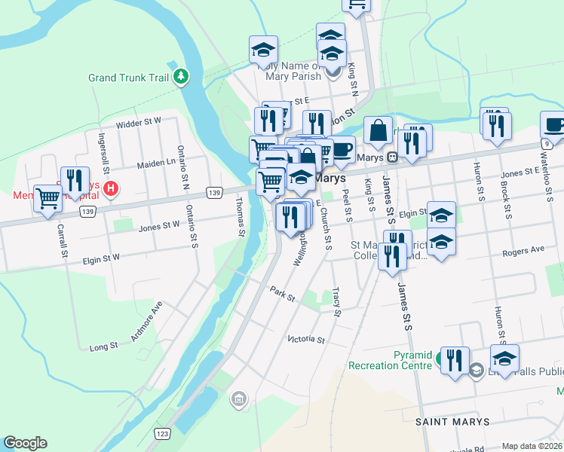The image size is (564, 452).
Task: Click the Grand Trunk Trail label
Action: pos(128,78)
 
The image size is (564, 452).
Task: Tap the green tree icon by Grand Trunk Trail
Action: pos(180,76)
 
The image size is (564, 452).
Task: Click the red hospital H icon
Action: pos(112,188)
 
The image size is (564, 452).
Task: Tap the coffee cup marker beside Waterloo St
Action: pos(554,125)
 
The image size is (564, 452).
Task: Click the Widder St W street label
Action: pos(139,121)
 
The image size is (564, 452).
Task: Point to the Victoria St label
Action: pos(305,340)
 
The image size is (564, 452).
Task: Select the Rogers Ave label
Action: pos(527,249)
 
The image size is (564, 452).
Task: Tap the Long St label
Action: pos(104,347)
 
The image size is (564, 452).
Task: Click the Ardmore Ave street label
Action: pos(146,322)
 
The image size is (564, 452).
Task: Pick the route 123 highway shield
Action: pos(161,433)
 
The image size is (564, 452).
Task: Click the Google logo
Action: pos(25,443)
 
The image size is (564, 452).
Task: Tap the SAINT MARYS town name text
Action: pos(452,422)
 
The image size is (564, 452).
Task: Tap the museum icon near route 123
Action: pos(239,399)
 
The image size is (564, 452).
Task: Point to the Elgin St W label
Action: pos(101,258)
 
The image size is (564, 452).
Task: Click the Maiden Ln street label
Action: pos(156,163)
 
